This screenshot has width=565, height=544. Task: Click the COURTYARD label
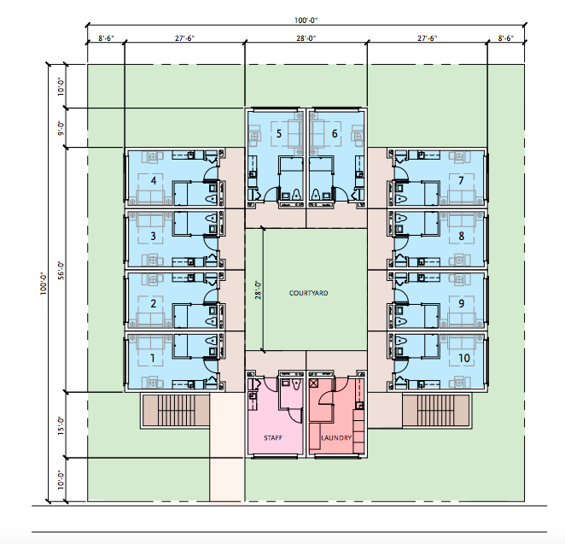point(308,293)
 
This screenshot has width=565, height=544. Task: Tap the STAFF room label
point(273,437)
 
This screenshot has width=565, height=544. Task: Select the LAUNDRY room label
point(336,437)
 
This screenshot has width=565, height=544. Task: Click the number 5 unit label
point(278,134)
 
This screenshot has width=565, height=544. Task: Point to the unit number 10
point(463,358)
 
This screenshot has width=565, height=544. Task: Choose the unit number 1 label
point(153,359)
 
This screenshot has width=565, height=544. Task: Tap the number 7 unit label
point(461,180)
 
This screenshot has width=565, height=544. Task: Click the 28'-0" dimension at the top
point(306,38)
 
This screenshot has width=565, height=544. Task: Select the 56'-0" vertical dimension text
point(61,271)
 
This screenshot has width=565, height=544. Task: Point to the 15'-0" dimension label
point(61,426)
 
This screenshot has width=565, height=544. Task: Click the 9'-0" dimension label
point(61,128)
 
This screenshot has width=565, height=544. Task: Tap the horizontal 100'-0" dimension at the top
point(306,20)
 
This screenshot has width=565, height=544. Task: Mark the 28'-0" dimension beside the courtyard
point(258,290)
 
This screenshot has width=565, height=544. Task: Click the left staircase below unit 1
point(176,410)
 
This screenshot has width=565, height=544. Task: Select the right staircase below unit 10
point(436,410)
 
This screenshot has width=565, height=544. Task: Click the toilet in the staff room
point(296,385)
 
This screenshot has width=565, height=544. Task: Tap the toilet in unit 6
point(316,195)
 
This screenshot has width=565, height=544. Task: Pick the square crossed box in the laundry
point(313,383)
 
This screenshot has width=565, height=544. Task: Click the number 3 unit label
point(153,236)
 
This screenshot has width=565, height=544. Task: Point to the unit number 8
point(461,236)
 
